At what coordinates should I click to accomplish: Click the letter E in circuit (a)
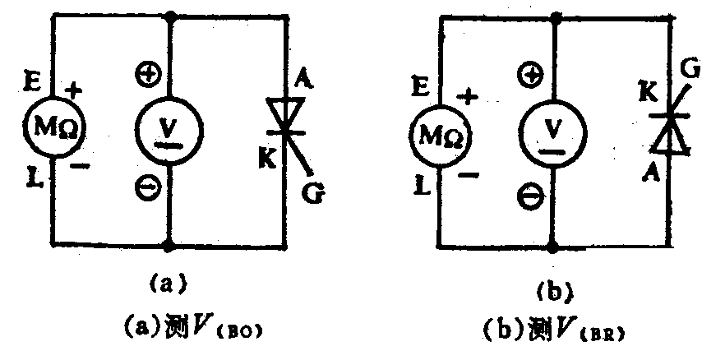coord(33,81)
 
